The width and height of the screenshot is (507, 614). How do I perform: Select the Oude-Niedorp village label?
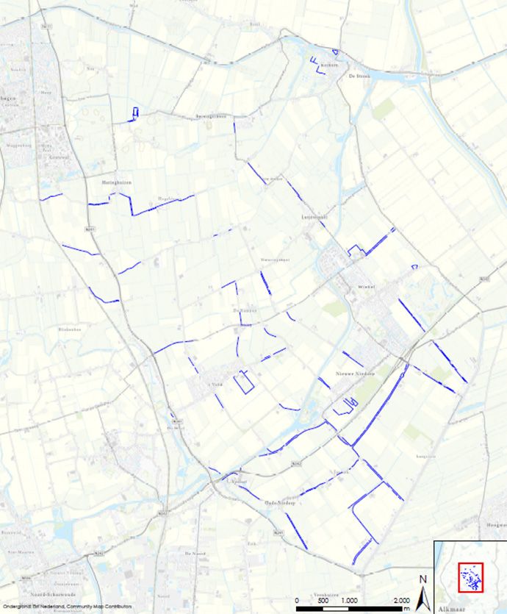click(x=279, y=503)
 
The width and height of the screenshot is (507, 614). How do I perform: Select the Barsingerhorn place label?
click(x=211, y=116)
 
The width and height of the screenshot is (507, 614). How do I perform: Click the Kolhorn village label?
click(x=328, y=65)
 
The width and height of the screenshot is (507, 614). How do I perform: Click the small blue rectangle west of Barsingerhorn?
click(x=134, y=113)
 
